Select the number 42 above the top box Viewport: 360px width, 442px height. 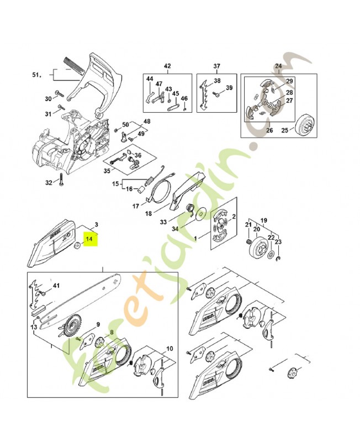168,66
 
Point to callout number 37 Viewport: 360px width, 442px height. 216,66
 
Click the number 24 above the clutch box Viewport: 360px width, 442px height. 278,66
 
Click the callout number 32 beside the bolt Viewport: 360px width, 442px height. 49,183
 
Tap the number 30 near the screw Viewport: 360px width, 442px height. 48,99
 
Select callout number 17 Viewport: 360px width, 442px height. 135,207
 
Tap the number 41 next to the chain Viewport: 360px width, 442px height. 55,286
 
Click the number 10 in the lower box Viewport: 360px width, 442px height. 169,349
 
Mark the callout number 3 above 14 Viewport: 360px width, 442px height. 96,225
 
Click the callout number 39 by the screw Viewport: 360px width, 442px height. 230,88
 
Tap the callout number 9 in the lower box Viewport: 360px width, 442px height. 98,324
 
